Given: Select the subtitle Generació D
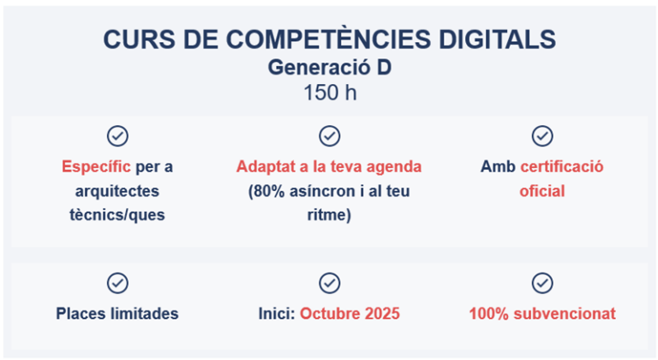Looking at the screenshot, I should coord(329,67).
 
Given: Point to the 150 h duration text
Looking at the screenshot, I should coord(329,93).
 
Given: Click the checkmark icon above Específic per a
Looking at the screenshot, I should coord(117,135).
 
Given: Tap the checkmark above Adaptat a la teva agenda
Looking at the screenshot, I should coord(329,135).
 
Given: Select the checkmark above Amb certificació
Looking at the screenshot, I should coord(541,135).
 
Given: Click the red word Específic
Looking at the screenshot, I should coord(96,166).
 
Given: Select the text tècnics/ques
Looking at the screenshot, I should coord(117,214).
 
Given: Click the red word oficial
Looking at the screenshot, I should coord(541,190).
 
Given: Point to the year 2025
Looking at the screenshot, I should coord(380,314).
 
